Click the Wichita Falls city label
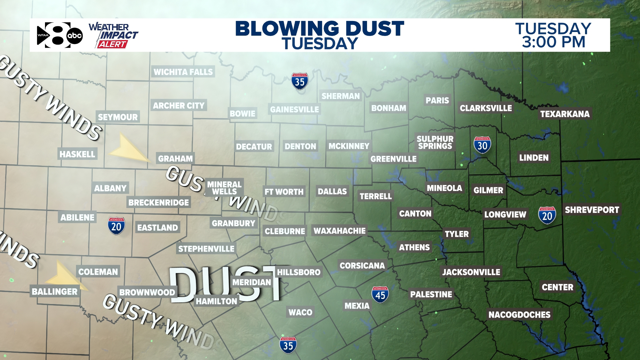(183, 72)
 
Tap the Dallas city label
(332, 191)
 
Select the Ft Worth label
(284, 192)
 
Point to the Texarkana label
(565, 114)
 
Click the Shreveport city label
(592, 210)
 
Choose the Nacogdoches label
(519, 315)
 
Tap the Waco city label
(300, 312)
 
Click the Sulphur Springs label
(435, 142)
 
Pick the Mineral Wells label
(224, 188)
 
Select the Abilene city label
(77, 218)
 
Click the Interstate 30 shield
(482, 145)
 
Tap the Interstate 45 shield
(380, 295)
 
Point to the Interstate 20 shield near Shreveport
(547, 215)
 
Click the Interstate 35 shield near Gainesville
(300, 81)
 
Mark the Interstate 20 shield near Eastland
(116, 226)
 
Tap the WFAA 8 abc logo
(60, 35)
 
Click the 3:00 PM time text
(553, 42)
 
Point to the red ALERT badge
(112, 44)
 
